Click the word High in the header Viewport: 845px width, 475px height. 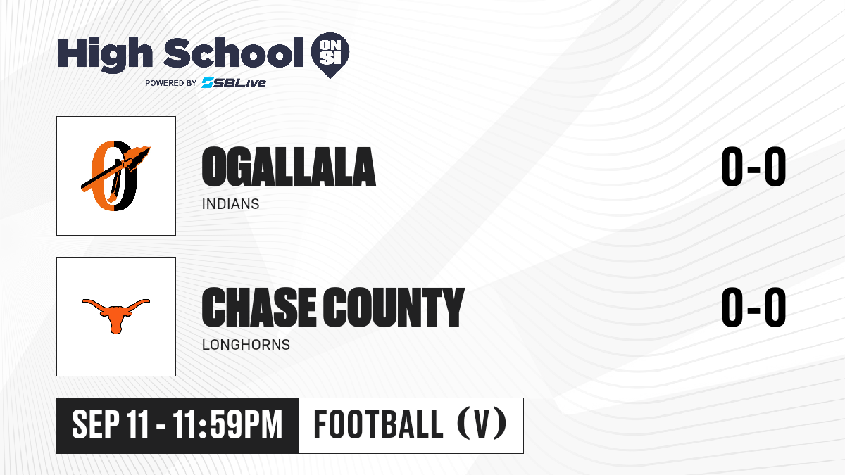pyautogui.click(x=105, y=55)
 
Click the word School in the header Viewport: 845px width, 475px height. pyautogui.click(x=234, y=53)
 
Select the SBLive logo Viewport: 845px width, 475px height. pyautogui.click(x=233, y=83)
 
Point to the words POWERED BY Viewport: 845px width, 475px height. pyautogui.click(x=171, y=83)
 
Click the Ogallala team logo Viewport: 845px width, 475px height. pyautogui.click(x=115, y=176)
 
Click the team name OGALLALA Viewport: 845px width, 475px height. pyautogui.click(x=289, y=167)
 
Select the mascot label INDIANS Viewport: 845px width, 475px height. pyautogui.click(x=230, y=204)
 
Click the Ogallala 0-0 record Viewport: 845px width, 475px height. pyautogui.click(x=753, y=167)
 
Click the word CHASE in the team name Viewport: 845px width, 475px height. pyautogui.click(x=259, y=308)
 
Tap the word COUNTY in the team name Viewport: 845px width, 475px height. pyautogui.click(x=394, y=308)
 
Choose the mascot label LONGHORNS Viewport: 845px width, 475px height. pyautogui.click(x=246, y=345)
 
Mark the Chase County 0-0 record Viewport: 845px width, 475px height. pyautogui.click(x=753, y=308)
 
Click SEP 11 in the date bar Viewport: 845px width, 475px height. pyautogui.click(x=110, y=425)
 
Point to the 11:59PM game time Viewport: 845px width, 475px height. pyautogui.click(x=227, y=425)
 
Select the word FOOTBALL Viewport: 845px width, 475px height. pyautogui.click(x=378, y=425)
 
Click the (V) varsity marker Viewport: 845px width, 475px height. pyautogui.click(x=482, y=424)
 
